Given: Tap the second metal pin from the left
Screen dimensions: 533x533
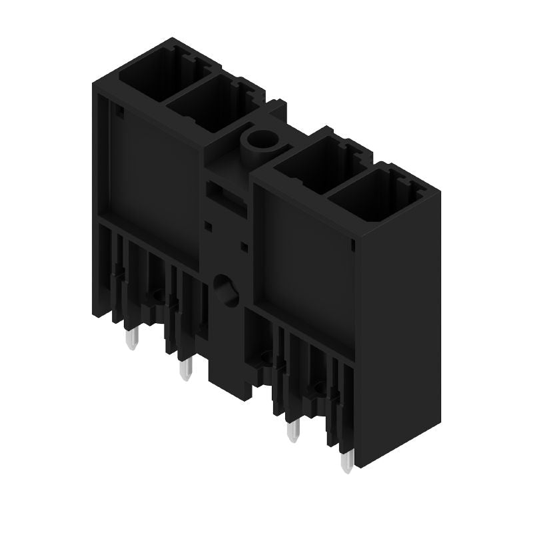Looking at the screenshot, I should pos(186,367).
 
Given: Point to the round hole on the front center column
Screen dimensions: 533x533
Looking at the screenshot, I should pos(226,290).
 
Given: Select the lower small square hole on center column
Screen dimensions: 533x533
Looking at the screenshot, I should pos(244,247).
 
